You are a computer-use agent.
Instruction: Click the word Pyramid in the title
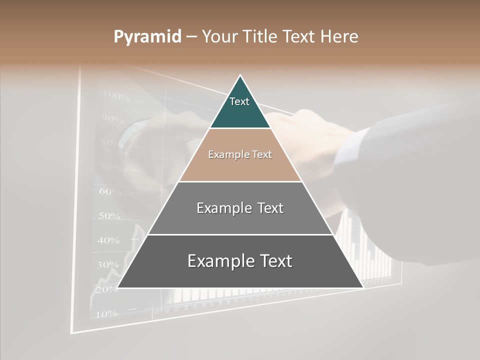[x=147, y=37]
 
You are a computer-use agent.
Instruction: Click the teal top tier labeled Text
[x=240, y=105]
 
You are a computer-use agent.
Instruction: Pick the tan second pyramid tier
[x=240, y=155]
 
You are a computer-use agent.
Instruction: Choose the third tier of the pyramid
[x=240, y=208]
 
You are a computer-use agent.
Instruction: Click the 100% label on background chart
[x=116, y=95]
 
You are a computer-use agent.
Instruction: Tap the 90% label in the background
[x=112, y=119]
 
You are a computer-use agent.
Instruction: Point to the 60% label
[x=110, y=191]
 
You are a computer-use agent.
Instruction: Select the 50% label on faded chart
[x=109, y=216]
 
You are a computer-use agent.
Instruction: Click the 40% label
[x=108, y=240]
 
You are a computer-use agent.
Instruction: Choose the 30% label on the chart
[x=107, y=265]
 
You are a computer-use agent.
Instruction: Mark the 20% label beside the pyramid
[x=106, y=289]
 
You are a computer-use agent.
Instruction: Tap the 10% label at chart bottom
[x=106, y=314]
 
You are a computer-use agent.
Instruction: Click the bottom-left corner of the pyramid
[x=118, y=287]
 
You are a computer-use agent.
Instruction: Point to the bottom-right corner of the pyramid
[x=362, y=287]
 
